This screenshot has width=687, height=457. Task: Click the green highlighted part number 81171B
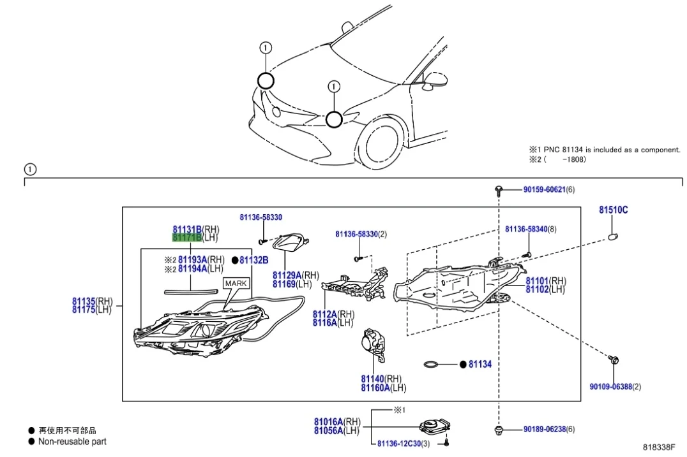coord(187,238)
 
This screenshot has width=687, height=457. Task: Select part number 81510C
coord(613,210)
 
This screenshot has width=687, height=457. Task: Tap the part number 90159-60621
coord(544,189)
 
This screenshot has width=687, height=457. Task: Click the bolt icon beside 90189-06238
coord(498,430)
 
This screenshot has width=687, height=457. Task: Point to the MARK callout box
coord(236,284)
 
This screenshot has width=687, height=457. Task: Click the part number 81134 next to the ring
coord(479,365)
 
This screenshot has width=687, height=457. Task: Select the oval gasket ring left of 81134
coord(432,365)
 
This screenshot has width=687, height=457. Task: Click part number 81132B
coord(253,260)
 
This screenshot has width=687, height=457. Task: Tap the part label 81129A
coord(287,275)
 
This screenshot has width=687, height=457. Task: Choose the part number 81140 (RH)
coord(372,379)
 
